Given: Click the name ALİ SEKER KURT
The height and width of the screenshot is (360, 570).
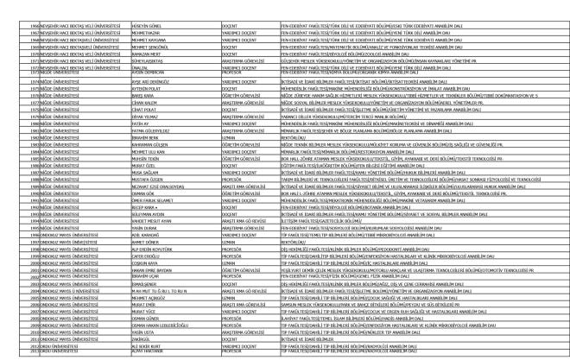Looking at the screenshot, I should click(x=146, y=348).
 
